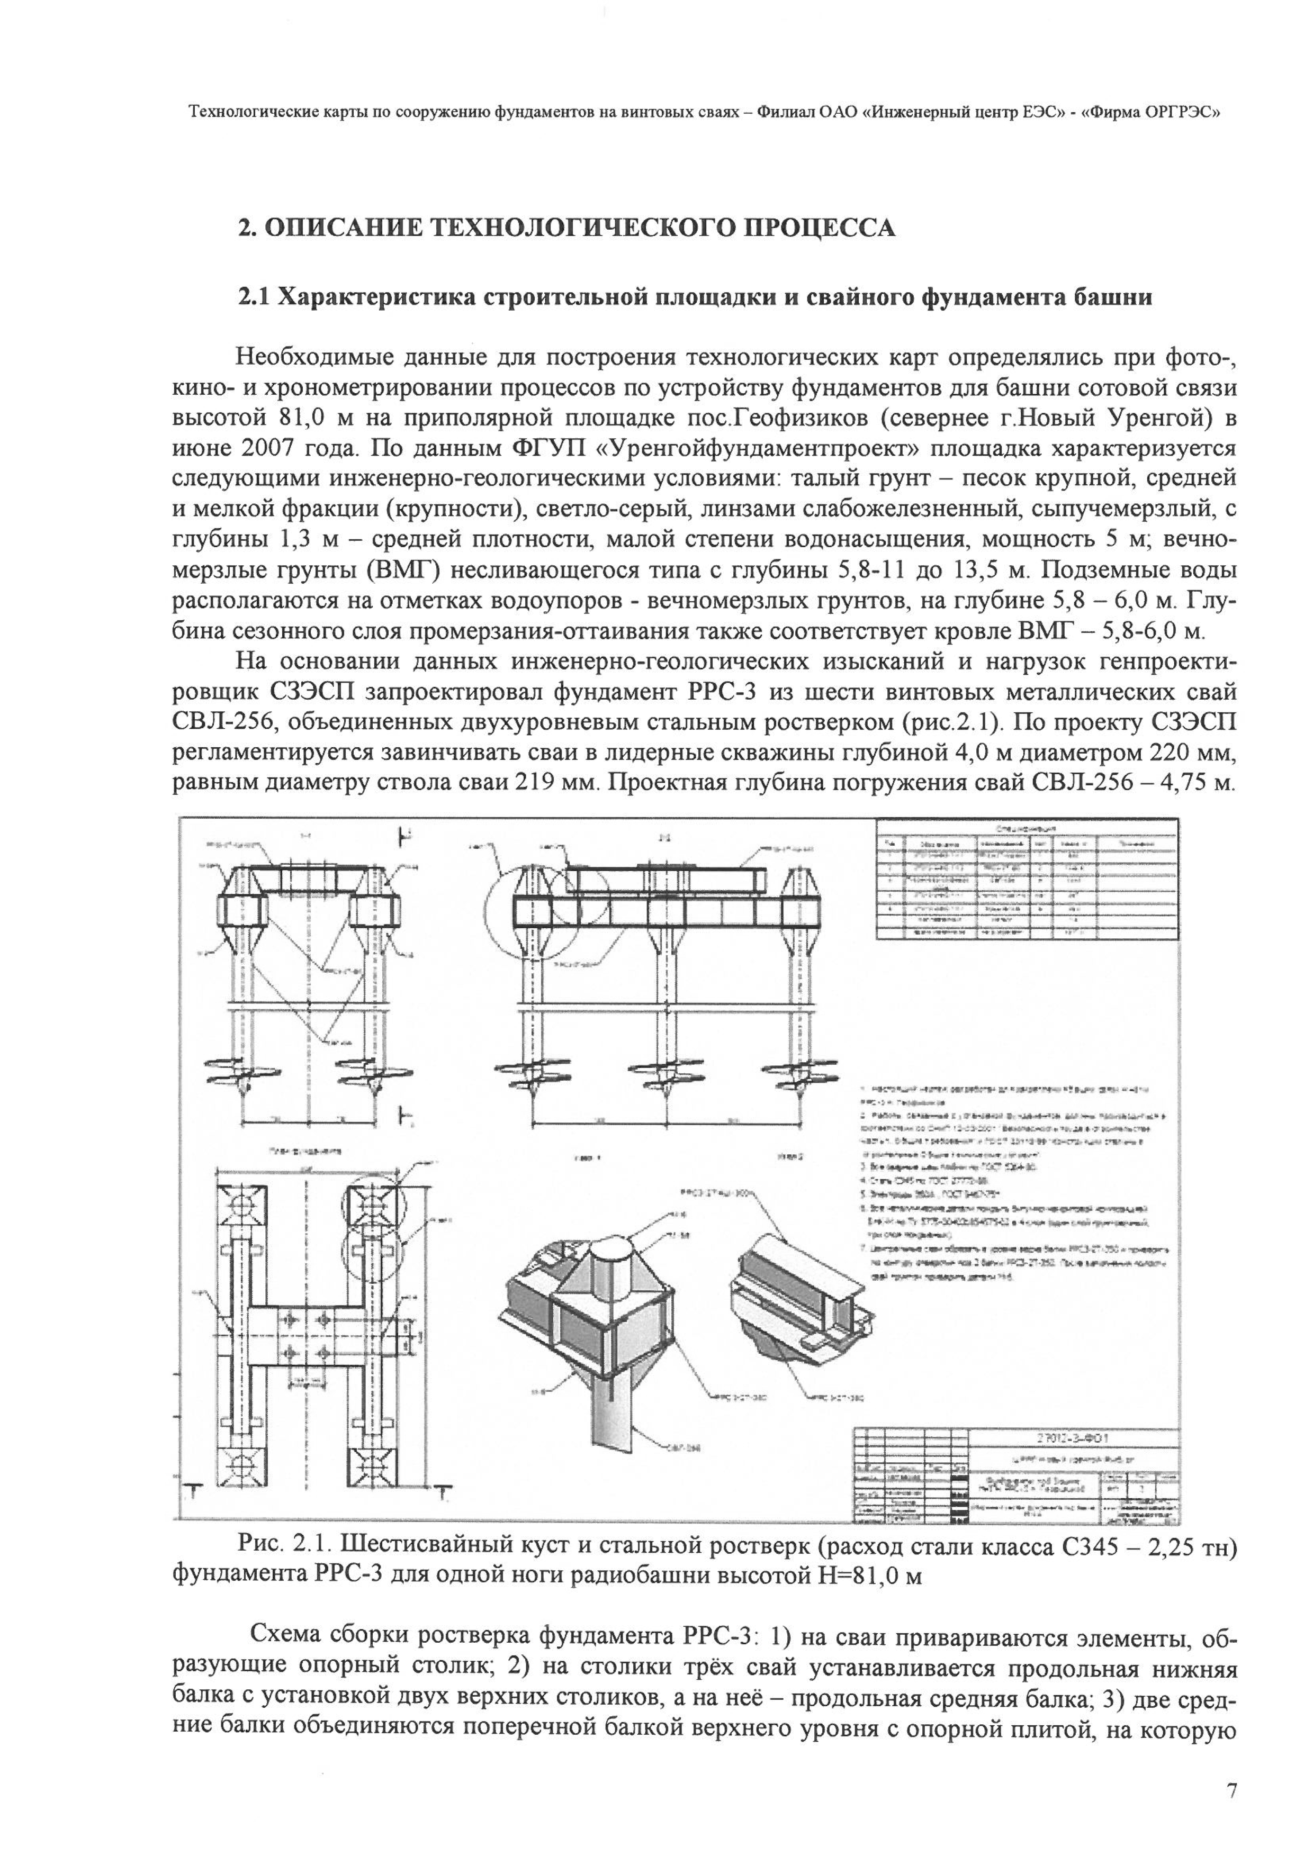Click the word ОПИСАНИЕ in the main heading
[342, 228]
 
